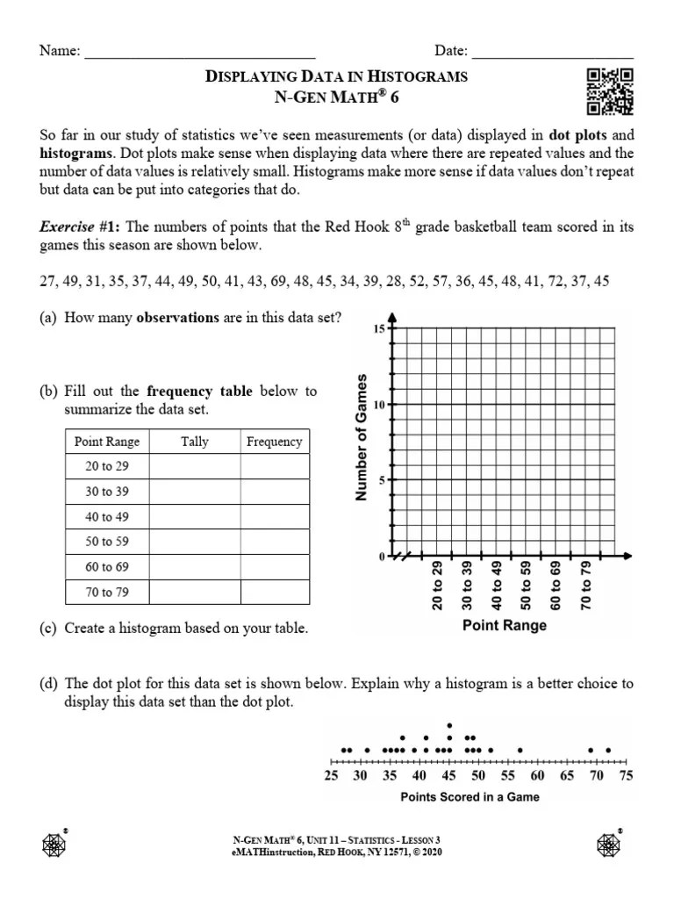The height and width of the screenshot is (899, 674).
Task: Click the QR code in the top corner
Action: [x=609, y=91]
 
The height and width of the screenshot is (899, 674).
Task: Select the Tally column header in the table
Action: [x=195, y=442]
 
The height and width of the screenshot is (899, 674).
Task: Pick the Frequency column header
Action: [x=274, y=442]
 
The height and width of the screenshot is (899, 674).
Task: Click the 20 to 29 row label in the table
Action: [x=107, y=466]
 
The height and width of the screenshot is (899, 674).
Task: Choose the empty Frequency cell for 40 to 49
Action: [x=274, y=517]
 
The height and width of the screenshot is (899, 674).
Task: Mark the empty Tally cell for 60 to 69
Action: [x=195, y=567]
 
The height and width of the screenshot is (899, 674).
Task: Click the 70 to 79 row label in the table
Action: [x=107, y=593]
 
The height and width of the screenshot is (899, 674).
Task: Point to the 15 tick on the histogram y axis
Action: [x=380, y=328]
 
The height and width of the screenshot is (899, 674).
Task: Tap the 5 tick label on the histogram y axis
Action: [x=382, y=480]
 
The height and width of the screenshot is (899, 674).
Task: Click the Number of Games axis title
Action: [x=360, y=436]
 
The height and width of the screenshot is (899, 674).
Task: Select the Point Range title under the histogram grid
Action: [x=505, y=626]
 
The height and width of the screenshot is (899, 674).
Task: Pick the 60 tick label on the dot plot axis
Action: [x=537, y=776]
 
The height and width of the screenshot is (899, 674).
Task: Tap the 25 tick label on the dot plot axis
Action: [x=331, y=776]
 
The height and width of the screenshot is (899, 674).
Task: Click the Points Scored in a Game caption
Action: [x=470, y=797]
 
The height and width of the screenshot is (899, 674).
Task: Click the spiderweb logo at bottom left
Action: [x=54, y=844]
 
